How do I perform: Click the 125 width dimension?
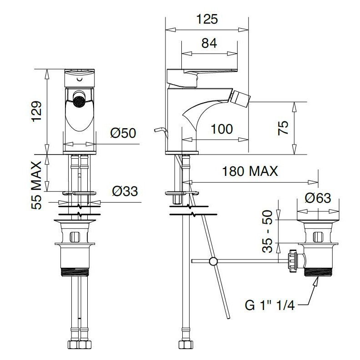coord(207,19)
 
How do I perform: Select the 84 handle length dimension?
coord(209,43)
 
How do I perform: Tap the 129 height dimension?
coord(37,111)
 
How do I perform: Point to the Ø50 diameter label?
coord(123,133)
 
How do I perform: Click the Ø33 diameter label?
coord(125,191)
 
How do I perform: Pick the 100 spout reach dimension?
coord(222,129)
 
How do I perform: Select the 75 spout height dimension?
coord(283,128)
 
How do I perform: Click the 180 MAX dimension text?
coord(250,171)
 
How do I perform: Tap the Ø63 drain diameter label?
coord(318,198)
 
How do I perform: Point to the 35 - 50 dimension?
coord(267,231)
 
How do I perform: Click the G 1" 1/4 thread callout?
coord(270,305)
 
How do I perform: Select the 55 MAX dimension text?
coord(36,185)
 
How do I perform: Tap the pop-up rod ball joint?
coord(213,261)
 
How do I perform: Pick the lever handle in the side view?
coord(202,77)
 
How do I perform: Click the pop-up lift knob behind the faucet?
coord(160,131)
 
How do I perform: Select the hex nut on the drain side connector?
coord(293,261)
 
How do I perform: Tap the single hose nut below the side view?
coord(186,345)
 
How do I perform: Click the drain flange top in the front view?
coord(75,221)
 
